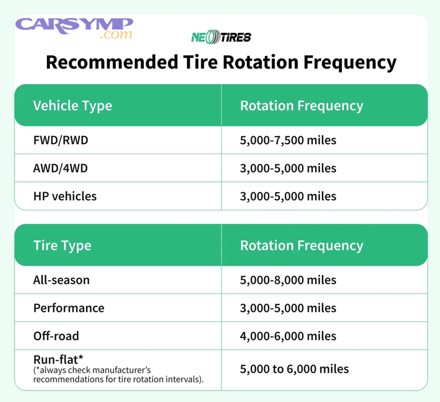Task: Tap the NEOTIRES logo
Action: (221, 37)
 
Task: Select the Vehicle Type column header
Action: (72, 106)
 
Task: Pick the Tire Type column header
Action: (62, 245)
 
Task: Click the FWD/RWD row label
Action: (61, 141)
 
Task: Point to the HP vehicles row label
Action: (65, 196)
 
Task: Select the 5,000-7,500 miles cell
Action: (288, 141)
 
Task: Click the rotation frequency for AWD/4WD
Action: (288, 168)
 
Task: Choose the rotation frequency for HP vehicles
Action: (288, 196)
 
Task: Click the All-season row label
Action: (61, 280)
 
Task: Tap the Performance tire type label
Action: (68, 308)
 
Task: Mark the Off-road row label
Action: (56, 336)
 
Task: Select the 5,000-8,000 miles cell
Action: (288, 280)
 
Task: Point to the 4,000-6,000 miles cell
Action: (288, 336)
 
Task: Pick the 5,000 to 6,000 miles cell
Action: (294, 369)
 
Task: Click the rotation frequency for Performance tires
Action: (288, 308)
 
